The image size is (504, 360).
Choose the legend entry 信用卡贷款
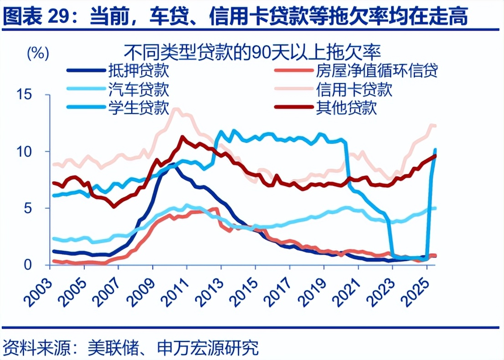coord(354,89)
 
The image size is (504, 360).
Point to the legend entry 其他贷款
coord(346,108)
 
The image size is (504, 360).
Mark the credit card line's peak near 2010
coord(176,109)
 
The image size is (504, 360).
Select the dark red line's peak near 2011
coord(183,137)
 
